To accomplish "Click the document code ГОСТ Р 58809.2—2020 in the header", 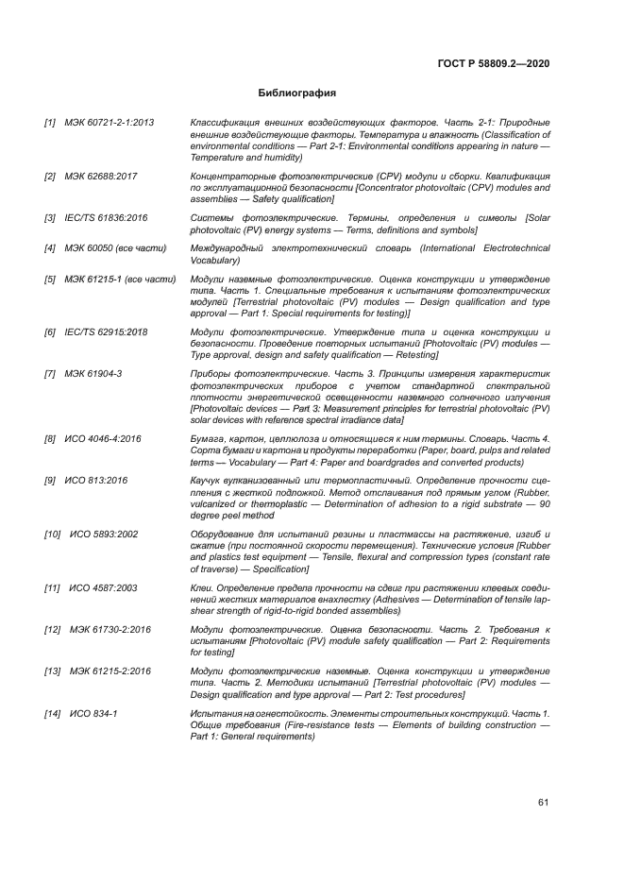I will (494, 63).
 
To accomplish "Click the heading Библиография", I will (297, 93).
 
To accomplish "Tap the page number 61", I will (544, 803).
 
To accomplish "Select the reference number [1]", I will (50, 124).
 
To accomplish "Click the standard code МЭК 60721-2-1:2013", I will (110, 124).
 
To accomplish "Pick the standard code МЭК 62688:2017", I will (101, 177).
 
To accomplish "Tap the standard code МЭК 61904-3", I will (93, 373).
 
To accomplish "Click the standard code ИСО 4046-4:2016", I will (103, 438).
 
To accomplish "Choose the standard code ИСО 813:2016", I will (95, 480).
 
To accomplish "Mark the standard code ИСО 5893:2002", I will (104, 534).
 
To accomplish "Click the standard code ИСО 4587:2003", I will (104, 587).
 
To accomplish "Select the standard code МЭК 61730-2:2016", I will (110, 629).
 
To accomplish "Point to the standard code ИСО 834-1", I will (93, 712).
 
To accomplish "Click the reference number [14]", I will (53, 712).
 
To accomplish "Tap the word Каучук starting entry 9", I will (208, 480).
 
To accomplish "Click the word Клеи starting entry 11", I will (203, 587).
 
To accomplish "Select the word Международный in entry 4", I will (228, 248).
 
